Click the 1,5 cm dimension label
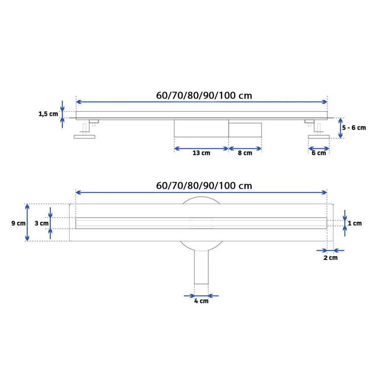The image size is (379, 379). [x=49, y=114]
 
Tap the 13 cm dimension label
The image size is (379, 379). [x=201, y=153]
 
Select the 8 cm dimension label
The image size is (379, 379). [x=245, y=153]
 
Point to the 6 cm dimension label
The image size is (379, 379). [x=319, y=153]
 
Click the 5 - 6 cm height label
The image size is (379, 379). [x=354, y=128]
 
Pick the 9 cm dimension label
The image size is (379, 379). [x=18, y=223]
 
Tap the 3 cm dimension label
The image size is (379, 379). [x=42, y=223]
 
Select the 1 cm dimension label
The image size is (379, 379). [x=355, y=223]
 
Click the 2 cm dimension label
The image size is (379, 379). [x=330, y=258]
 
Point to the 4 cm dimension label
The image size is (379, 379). [x=201, y=301]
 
